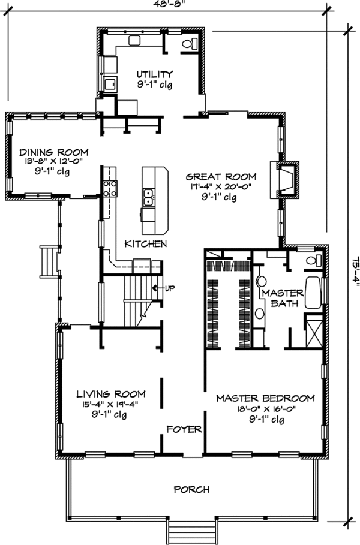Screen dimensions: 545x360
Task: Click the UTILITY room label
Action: pos(154,74)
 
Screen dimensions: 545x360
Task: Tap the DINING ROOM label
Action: pos(53,152)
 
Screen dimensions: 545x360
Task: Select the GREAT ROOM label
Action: pos(221,177)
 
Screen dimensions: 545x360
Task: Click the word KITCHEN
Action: pos(145,243)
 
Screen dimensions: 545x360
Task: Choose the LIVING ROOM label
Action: pos(111,394)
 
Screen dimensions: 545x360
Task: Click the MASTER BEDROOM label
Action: pos(265,398)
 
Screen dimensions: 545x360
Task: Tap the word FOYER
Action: pos(184,429)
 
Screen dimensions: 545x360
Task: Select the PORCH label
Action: pos(192,490)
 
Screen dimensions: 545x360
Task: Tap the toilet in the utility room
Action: pos(190,43)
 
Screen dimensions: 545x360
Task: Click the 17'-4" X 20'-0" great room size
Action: pos(221,188)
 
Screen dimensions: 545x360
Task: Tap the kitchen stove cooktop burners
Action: pos(109,188)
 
